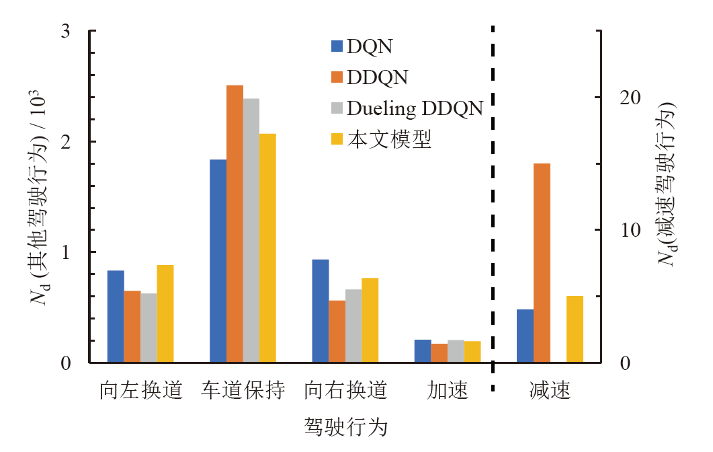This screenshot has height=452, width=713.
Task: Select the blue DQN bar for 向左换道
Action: point(116,316)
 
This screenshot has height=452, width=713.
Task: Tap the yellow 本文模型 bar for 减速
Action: point(575,329)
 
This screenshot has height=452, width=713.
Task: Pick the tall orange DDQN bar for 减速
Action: point(542,263)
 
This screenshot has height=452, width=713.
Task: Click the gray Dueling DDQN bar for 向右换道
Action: point(353,326)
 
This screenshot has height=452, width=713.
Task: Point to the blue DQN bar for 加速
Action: point(423,351)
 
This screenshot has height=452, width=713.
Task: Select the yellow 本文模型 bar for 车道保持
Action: point(267,248)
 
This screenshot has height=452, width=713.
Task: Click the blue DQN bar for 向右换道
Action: point(321,311)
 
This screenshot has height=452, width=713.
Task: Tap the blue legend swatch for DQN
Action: point(337,46)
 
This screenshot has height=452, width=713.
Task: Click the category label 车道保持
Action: point(243,390)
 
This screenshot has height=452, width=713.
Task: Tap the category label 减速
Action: point(550,390)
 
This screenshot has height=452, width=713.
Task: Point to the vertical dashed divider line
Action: point(493,202)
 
